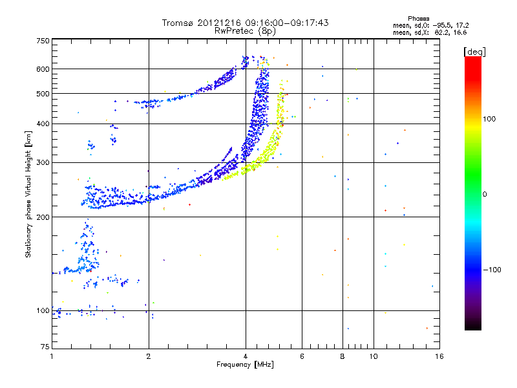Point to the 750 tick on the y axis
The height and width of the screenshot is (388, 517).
coord(43,41)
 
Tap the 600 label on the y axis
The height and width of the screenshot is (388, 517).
coord(43,69)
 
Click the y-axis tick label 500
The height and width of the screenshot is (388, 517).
coord(43,94)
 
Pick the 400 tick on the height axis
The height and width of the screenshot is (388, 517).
coord(43,124)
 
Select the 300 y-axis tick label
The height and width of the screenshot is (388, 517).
coord(43,162)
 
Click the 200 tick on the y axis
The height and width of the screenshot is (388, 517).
coord(43,217)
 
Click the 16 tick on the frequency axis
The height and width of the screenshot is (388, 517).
coord(439,356)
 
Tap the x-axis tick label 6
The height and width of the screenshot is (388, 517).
coord(302,356)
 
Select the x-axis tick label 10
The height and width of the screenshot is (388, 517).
coord(373,356)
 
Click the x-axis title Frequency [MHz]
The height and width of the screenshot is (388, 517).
coord(244,365)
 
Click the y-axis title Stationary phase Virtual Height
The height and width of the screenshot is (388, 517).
coord(28,194)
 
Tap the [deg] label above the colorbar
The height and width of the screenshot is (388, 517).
coord(474,51)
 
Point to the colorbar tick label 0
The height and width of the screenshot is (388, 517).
coord(484,194)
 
